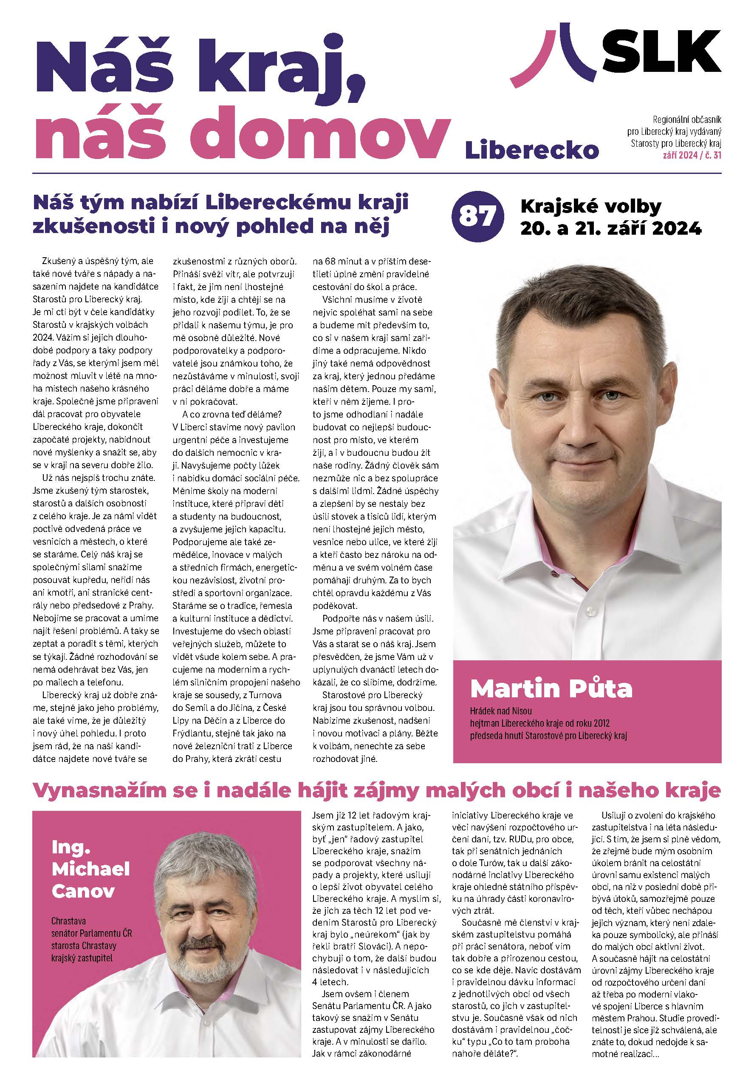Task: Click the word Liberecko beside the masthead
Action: click(x=532, y=150)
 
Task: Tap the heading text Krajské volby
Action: click(x=590, y=206)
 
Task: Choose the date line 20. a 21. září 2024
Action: click(x=610, y=229)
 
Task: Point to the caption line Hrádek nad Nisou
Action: click(x=501, y=711)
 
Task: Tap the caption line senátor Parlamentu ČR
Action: click(x=92, y=933)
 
